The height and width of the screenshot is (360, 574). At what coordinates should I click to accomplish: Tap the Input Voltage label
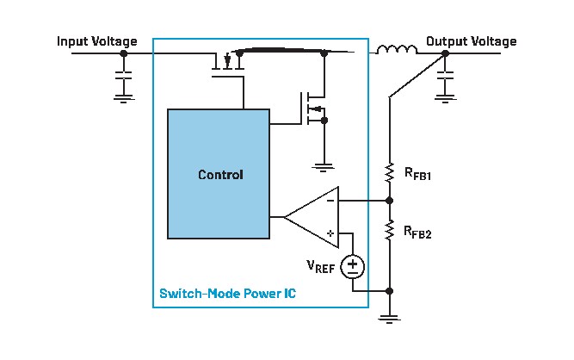[96, 41]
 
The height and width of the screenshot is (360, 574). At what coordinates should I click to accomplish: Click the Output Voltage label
[471, 41]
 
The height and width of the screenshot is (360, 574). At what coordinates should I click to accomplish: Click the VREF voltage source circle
[352, 266]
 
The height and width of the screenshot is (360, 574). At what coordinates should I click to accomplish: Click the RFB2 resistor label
[418, 232]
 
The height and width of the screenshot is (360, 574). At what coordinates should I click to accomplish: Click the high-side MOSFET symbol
[227, 61]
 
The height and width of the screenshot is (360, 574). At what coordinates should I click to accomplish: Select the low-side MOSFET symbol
[315, 109]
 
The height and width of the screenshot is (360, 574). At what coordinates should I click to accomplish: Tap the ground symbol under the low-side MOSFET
[324, 164]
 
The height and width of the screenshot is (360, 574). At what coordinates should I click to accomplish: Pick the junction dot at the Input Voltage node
[124, 53]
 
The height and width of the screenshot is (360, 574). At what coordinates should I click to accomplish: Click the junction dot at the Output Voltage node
[445, 53]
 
